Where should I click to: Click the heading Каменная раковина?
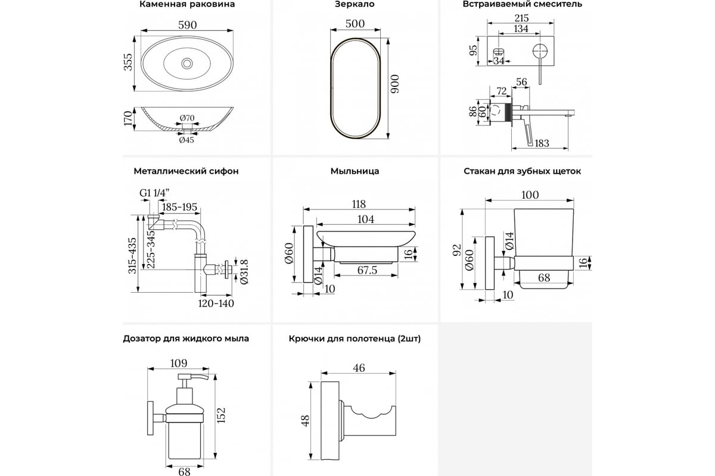[x=186, y=4]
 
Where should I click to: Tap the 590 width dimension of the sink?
[x=187, y=25]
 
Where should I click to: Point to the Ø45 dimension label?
[x=186, y=141]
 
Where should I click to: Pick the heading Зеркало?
[x=355, y=4]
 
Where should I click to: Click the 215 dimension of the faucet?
[x=521, y=18]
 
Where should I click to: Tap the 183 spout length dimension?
[x=542, y=143]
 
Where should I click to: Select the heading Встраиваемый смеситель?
[x=523, y=4]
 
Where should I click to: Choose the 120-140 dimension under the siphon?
[x=216, y=303]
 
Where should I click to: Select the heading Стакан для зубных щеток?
[x=523, y=171]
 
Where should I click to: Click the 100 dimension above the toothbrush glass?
[x=530, y=195]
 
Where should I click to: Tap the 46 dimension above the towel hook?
[x=359, y=368]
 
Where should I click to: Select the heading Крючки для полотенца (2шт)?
[x=355, y=339]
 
